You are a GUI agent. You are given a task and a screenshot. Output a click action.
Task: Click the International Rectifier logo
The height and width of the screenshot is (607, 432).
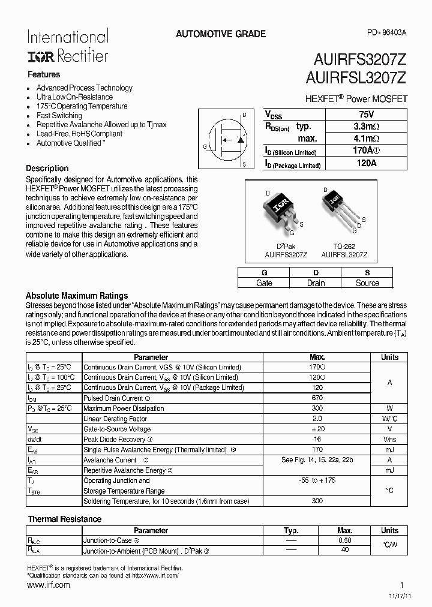pyautogui.click(x=67, y=46)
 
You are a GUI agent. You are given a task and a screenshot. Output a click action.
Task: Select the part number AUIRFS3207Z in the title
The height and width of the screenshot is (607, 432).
pyautogui.click(x=360, y=59)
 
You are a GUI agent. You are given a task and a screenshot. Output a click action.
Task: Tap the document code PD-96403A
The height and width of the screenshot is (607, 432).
pyautogui.click(x=386, y=34)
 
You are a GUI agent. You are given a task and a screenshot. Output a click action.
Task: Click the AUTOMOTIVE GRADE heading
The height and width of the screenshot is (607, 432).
pyautogui.click(x=221, y=34)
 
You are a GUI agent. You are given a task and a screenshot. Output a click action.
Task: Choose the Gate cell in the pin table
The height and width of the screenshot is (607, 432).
pyautogui.click(x=264, y=283)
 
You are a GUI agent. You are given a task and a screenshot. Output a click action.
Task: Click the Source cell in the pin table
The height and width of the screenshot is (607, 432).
pyautogui.click(x=367, y=283)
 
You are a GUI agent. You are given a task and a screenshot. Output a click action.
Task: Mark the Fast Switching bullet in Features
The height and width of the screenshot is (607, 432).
pyautogui.click(x=59, y=116)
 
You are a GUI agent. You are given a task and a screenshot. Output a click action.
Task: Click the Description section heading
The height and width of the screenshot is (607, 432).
pyautogui.click(x=47, y=169)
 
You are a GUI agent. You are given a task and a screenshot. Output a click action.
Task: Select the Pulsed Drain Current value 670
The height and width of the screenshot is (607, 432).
pyautogui.click(x=318, y=398)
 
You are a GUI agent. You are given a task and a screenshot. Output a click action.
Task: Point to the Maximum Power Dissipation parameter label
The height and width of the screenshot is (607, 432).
pyautogui.click(x=124, y=408)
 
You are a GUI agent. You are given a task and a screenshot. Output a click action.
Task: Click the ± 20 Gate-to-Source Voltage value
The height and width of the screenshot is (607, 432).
pyautogui.click(x=318, y=429)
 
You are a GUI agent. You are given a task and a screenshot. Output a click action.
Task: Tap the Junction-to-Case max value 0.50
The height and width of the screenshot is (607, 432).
pyautogui.click(x=344, y=540)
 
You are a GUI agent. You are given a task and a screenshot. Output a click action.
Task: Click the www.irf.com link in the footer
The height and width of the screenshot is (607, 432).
pyautogui.click(x=49, y=585)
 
